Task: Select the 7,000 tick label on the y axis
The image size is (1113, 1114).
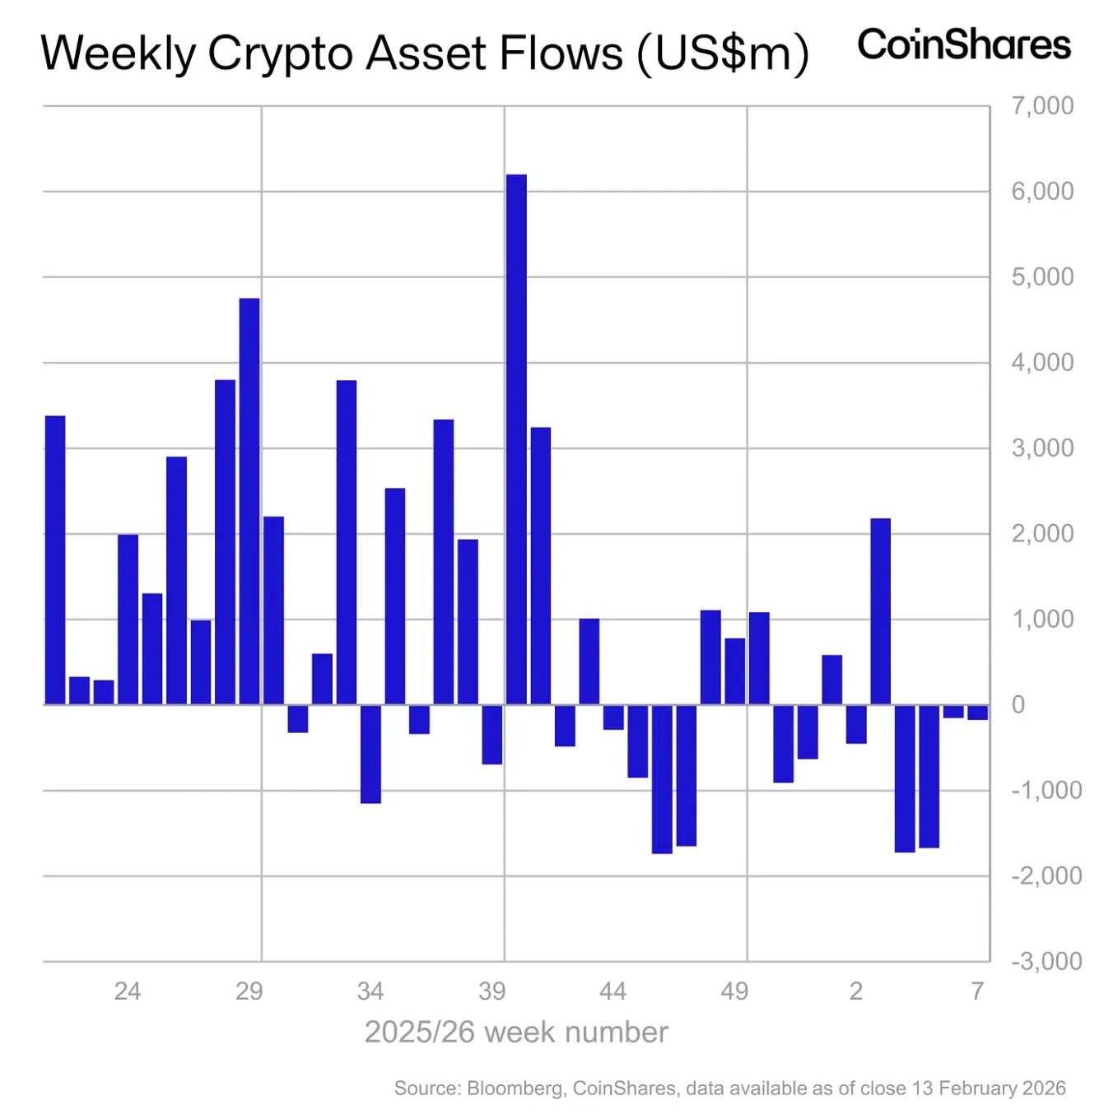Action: pyautogui.click(x=1042, y=106)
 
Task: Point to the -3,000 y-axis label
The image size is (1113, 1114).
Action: pyautogui.click(x=1045, y=961)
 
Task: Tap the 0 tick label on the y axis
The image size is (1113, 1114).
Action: pyautogui.click(x=1018, y=705)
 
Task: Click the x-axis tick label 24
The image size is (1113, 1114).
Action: pyautogui.click(x=128, y=991)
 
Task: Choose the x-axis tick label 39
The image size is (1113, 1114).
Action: pyautogui.click(x=491, y=991)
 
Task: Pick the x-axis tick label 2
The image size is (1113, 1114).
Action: pyautogui.click(x=856, y=991)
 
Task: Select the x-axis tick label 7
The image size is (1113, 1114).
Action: pyautogui.click(x=977, y=991)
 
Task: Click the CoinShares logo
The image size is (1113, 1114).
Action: pyautogui.click(x=964, y=44)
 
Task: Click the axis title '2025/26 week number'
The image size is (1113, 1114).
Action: pyautogui.click(x=516, y=1033)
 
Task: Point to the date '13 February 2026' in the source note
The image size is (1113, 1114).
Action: pyautogui.click(x=989, y=1088)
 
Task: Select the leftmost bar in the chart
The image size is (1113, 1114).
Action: pyautogui.click(x=55, y=559)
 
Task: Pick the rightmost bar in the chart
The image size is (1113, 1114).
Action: pyautogui.click(x=977, y=712)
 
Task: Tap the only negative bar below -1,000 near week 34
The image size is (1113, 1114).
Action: pyautogui.click(x=370, y=754)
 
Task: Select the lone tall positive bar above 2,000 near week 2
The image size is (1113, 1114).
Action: pyautogui.click(x=880, y=611)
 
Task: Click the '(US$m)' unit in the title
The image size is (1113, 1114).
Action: pyautogui.click(x=723, y=53)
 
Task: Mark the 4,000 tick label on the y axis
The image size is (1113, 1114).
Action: pyautogui.click(x=1042, y=363)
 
